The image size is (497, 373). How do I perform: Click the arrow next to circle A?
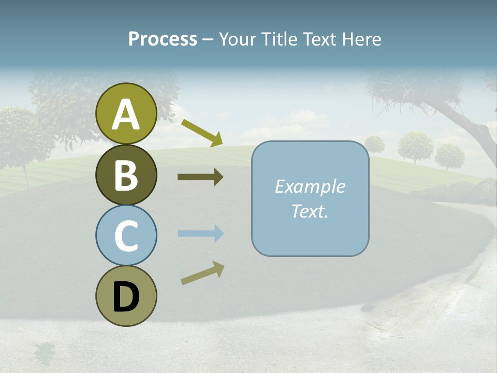(202, 132)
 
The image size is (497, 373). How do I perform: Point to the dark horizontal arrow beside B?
(200, 177)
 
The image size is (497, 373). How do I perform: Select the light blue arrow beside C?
(200, 234)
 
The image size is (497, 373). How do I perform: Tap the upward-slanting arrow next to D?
(202, 273)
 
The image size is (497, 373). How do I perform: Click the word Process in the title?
(163, 39)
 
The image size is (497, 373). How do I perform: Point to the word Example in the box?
(310, 187)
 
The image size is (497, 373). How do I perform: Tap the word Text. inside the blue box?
(310, 211)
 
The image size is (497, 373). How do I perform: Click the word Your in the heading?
(238, 39)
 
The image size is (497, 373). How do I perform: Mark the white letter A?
(126, 115)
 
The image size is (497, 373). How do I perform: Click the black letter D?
(126, 297)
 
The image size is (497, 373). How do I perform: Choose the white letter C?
(126, 236)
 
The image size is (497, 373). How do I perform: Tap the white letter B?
(126, 176)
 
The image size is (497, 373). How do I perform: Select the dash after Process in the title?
(208, 40)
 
